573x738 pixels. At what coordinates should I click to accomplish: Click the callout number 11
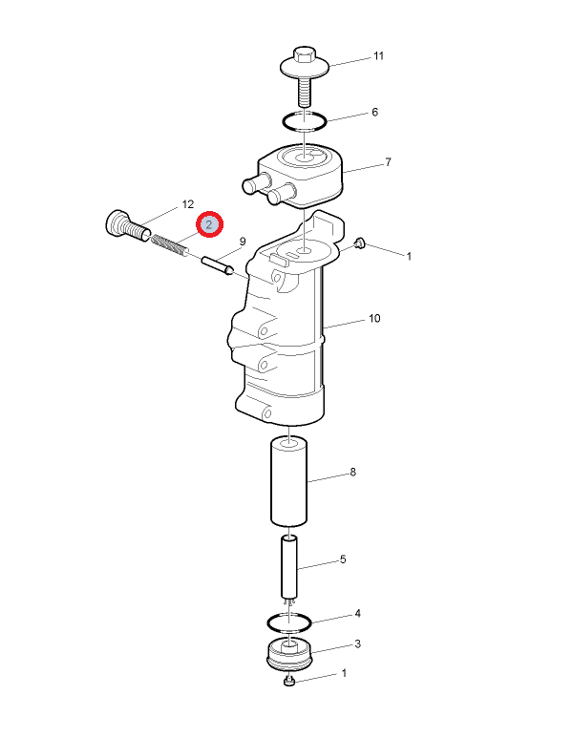[378, 56]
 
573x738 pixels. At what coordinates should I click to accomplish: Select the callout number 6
[374, 112]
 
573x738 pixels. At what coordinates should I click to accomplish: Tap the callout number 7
[388, 162]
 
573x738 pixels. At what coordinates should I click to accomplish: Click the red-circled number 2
[209, 224]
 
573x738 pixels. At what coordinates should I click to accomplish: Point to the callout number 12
[187, 204]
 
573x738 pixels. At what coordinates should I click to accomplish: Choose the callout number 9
[243, 242]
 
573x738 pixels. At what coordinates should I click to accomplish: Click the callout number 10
[374, 319]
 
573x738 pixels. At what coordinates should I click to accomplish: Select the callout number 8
[353, 472]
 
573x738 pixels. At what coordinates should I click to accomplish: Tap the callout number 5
[343, 559]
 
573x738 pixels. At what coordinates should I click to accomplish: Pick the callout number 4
[358, 614]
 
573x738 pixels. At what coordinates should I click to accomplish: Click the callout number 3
[358, 643]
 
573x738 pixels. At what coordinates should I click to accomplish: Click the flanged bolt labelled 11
[305, 75]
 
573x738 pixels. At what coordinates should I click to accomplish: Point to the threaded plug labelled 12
[127, 226]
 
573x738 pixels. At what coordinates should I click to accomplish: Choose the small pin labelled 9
[218, 265]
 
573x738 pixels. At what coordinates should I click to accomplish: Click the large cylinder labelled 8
[288, 482]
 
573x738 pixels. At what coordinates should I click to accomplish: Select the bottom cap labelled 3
[289, 653]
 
